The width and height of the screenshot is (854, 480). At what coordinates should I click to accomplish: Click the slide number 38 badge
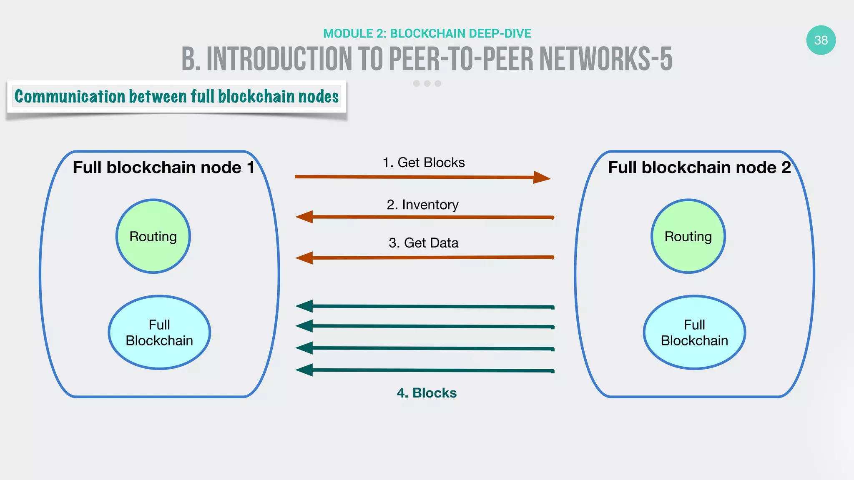coord(821,40)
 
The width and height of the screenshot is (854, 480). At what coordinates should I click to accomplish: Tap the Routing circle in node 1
coord(153,236)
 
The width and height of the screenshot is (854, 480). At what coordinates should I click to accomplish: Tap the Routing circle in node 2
coord(688,236)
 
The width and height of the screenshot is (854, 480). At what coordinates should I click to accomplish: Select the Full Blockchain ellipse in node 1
coord(159,332)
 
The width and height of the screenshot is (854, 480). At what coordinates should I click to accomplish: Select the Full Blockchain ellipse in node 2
coord(694,332)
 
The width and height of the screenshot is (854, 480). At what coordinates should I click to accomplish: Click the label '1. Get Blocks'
coord(424,162)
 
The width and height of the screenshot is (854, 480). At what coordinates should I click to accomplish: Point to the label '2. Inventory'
coord(422,205)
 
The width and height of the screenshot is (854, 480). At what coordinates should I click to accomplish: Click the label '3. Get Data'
coord(423,242)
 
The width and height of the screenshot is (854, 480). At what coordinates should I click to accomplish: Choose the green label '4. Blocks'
coord(427,392)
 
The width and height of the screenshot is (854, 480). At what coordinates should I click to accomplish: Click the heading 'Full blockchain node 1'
coord(163,167)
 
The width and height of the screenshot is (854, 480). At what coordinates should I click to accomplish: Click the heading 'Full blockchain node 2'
coord(699,167)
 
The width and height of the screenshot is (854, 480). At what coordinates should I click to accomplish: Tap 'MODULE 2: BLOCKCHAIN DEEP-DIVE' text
coord(427,33)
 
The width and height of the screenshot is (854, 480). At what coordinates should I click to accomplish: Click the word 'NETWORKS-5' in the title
coord(605,59)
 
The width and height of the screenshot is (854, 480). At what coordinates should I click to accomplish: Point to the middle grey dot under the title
coord(427,83)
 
